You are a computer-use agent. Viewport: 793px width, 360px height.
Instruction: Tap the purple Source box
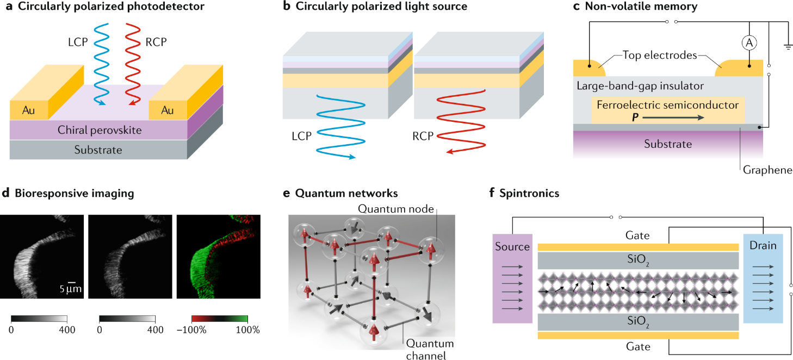coord(512,278)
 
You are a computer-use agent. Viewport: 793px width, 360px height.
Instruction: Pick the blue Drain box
coord(763,278)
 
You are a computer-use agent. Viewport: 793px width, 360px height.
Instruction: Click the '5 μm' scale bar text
coord(70,289)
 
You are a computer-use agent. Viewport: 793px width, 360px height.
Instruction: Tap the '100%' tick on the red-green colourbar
coord(247,330)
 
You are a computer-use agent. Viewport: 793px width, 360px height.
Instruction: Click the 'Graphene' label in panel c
coord(767,170)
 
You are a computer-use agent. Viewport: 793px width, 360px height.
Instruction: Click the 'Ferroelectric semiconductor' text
coord(667,105)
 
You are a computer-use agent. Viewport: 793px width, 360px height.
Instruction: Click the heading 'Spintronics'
coord(529,193)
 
